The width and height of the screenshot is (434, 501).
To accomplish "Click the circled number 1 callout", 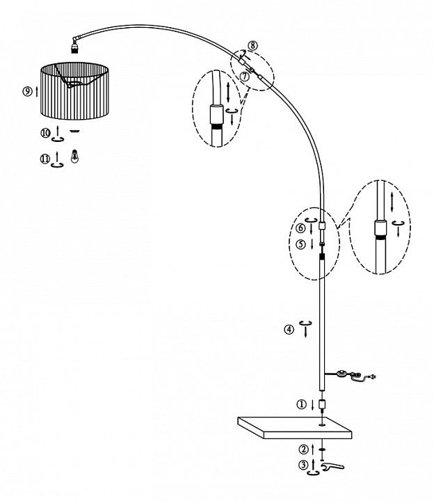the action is pos(301,404).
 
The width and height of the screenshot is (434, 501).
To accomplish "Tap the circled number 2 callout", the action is pos(303,450).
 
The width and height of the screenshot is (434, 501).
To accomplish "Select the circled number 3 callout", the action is pos(303,465).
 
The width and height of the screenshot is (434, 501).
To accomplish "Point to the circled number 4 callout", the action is pos(289,329).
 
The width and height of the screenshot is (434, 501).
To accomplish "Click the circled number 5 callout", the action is pos(301,244).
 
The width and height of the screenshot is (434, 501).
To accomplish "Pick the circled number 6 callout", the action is pos(300,228).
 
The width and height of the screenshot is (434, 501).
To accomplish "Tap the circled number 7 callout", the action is pos(245,77).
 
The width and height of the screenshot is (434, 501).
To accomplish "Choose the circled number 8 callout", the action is pos(252,45).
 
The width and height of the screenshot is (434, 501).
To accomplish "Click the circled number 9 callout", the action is pos(27,91).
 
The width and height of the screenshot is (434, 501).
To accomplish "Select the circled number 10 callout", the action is pos(45,133).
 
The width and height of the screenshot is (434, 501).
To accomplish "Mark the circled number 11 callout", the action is pos(45,159).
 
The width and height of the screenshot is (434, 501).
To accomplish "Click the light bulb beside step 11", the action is pos(74,157).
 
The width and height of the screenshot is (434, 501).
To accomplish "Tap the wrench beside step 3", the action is pos(332,467).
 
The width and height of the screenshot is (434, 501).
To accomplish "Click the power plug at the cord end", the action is pos(371,377).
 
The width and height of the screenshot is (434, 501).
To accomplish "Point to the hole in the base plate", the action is pos(322,425).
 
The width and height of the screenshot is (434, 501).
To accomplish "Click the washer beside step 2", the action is pos(322,450).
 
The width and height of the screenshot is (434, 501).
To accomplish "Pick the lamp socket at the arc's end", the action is pos(74,47).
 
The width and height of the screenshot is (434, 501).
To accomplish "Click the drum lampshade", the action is pos(74,91).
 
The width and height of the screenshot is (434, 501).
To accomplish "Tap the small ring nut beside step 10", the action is pos(74,131).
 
